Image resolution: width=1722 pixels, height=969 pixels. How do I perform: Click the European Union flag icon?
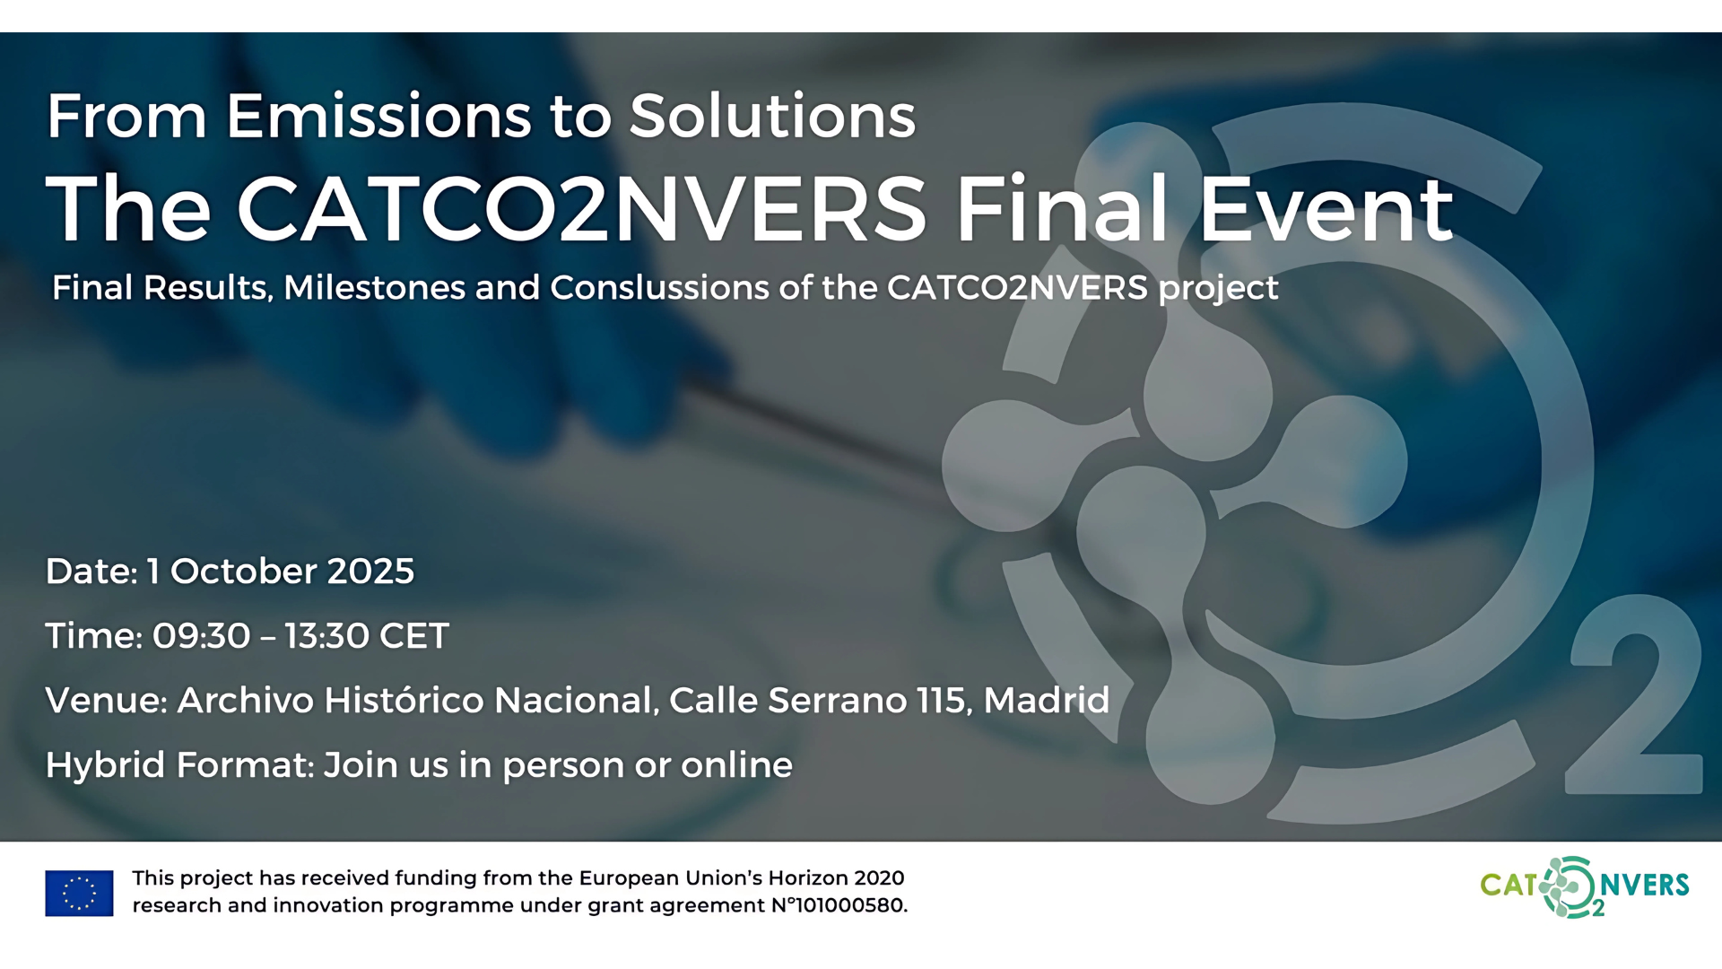[x=79, y=893]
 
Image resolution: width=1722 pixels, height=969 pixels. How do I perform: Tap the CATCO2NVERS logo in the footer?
[x=1585, y=887]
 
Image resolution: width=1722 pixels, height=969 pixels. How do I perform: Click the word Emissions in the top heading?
[x=378, y=116]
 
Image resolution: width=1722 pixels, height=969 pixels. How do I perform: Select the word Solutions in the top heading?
[x=772, y=116]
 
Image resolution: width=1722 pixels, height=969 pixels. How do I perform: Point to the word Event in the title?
[x=1326, y=210]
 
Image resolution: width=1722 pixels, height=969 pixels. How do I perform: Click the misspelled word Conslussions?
[x=659, y=287]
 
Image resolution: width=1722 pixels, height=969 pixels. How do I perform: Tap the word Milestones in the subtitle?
[x=374, y=287]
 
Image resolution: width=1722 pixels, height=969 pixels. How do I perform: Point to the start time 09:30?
[x=201, y=636]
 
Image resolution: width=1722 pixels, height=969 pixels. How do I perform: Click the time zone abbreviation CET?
[x=413, y=636]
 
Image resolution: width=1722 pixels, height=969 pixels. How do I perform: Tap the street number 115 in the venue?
[x=942, y=701]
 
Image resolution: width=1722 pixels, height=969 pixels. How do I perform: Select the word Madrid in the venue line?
[x=1047, y=701]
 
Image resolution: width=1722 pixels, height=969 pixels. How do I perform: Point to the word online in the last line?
[x=736, y=765]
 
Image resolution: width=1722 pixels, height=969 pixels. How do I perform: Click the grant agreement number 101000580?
[x=850, y=905]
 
